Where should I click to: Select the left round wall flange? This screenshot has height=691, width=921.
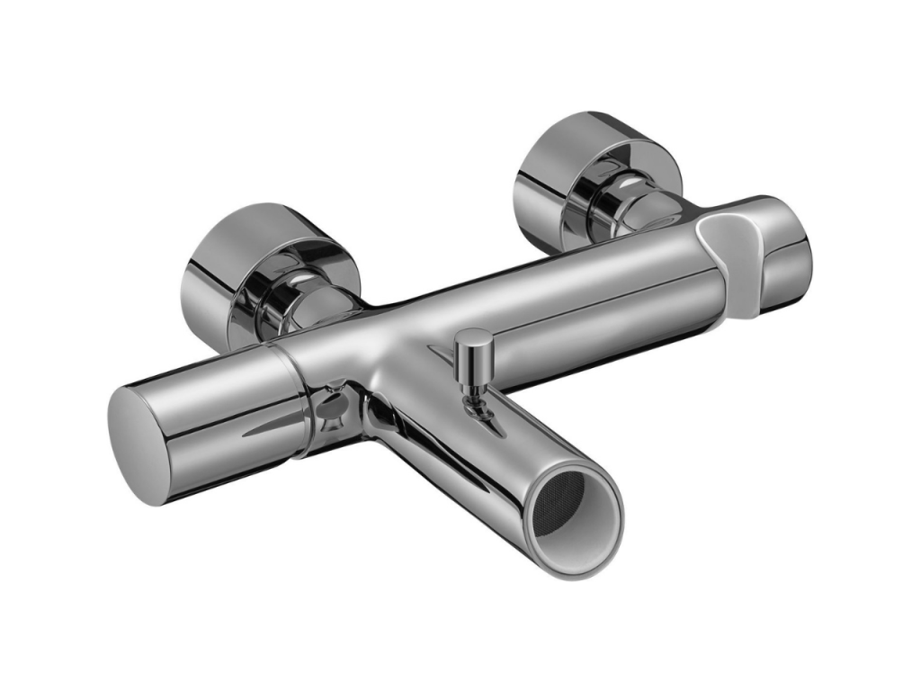pos(225,270)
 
